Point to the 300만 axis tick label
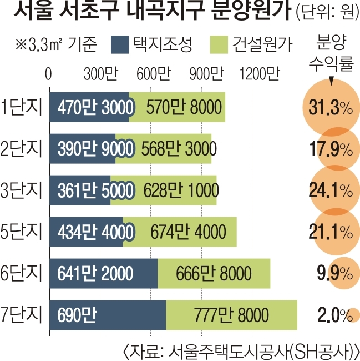[x=101, y=73]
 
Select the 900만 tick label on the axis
[x=206, y=73]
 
